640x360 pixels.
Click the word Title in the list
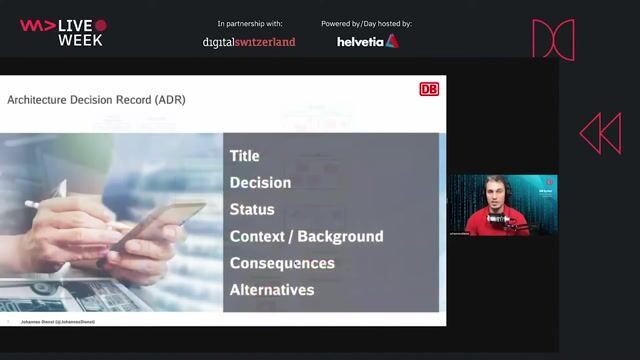tap(244, 156)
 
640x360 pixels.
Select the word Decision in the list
tap(260, 183)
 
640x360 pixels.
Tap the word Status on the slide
tap(252, 210)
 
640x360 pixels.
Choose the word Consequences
tap(282, 264)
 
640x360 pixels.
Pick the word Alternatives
tap(272, 291)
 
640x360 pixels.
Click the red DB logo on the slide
tap(429, 89)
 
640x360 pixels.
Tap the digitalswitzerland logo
tap(249, 42)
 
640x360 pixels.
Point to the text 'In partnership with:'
tap(250, 23)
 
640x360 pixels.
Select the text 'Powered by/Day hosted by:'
tap(366, 23)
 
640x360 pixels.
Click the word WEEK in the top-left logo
tap(80, 40)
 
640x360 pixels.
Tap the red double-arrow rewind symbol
tap(600, 133)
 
